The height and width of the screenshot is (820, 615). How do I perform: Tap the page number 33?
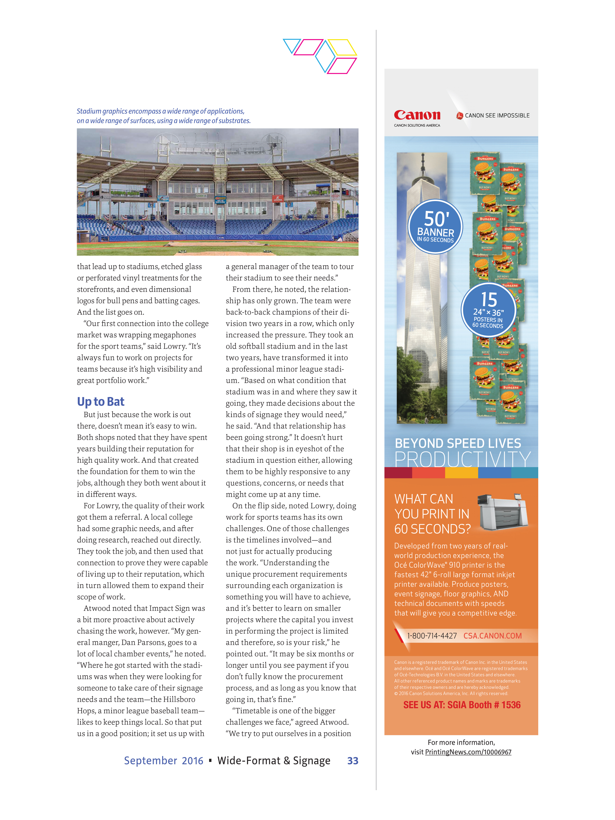point(353,761)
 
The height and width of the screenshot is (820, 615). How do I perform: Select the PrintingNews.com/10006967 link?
point(468,752)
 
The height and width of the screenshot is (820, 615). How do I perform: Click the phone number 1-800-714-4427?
point(432,636)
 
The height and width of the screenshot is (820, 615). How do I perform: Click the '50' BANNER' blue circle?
point(435,226)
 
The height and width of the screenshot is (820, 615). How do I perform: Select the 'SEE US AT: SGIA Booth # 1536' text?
point(462,705)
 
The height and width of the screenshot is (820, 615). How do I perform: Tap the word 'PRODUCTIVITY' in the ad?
point(462,459)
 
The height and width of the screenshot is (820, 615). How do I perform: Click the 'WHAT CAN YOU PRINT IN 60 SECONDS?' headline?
point(432,514)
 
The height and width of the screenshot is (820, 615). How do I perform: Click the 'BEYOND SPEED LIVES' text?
point(458,443)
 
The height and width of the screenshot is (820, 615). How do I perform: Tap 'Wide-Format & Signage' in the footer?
point(274,761)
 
